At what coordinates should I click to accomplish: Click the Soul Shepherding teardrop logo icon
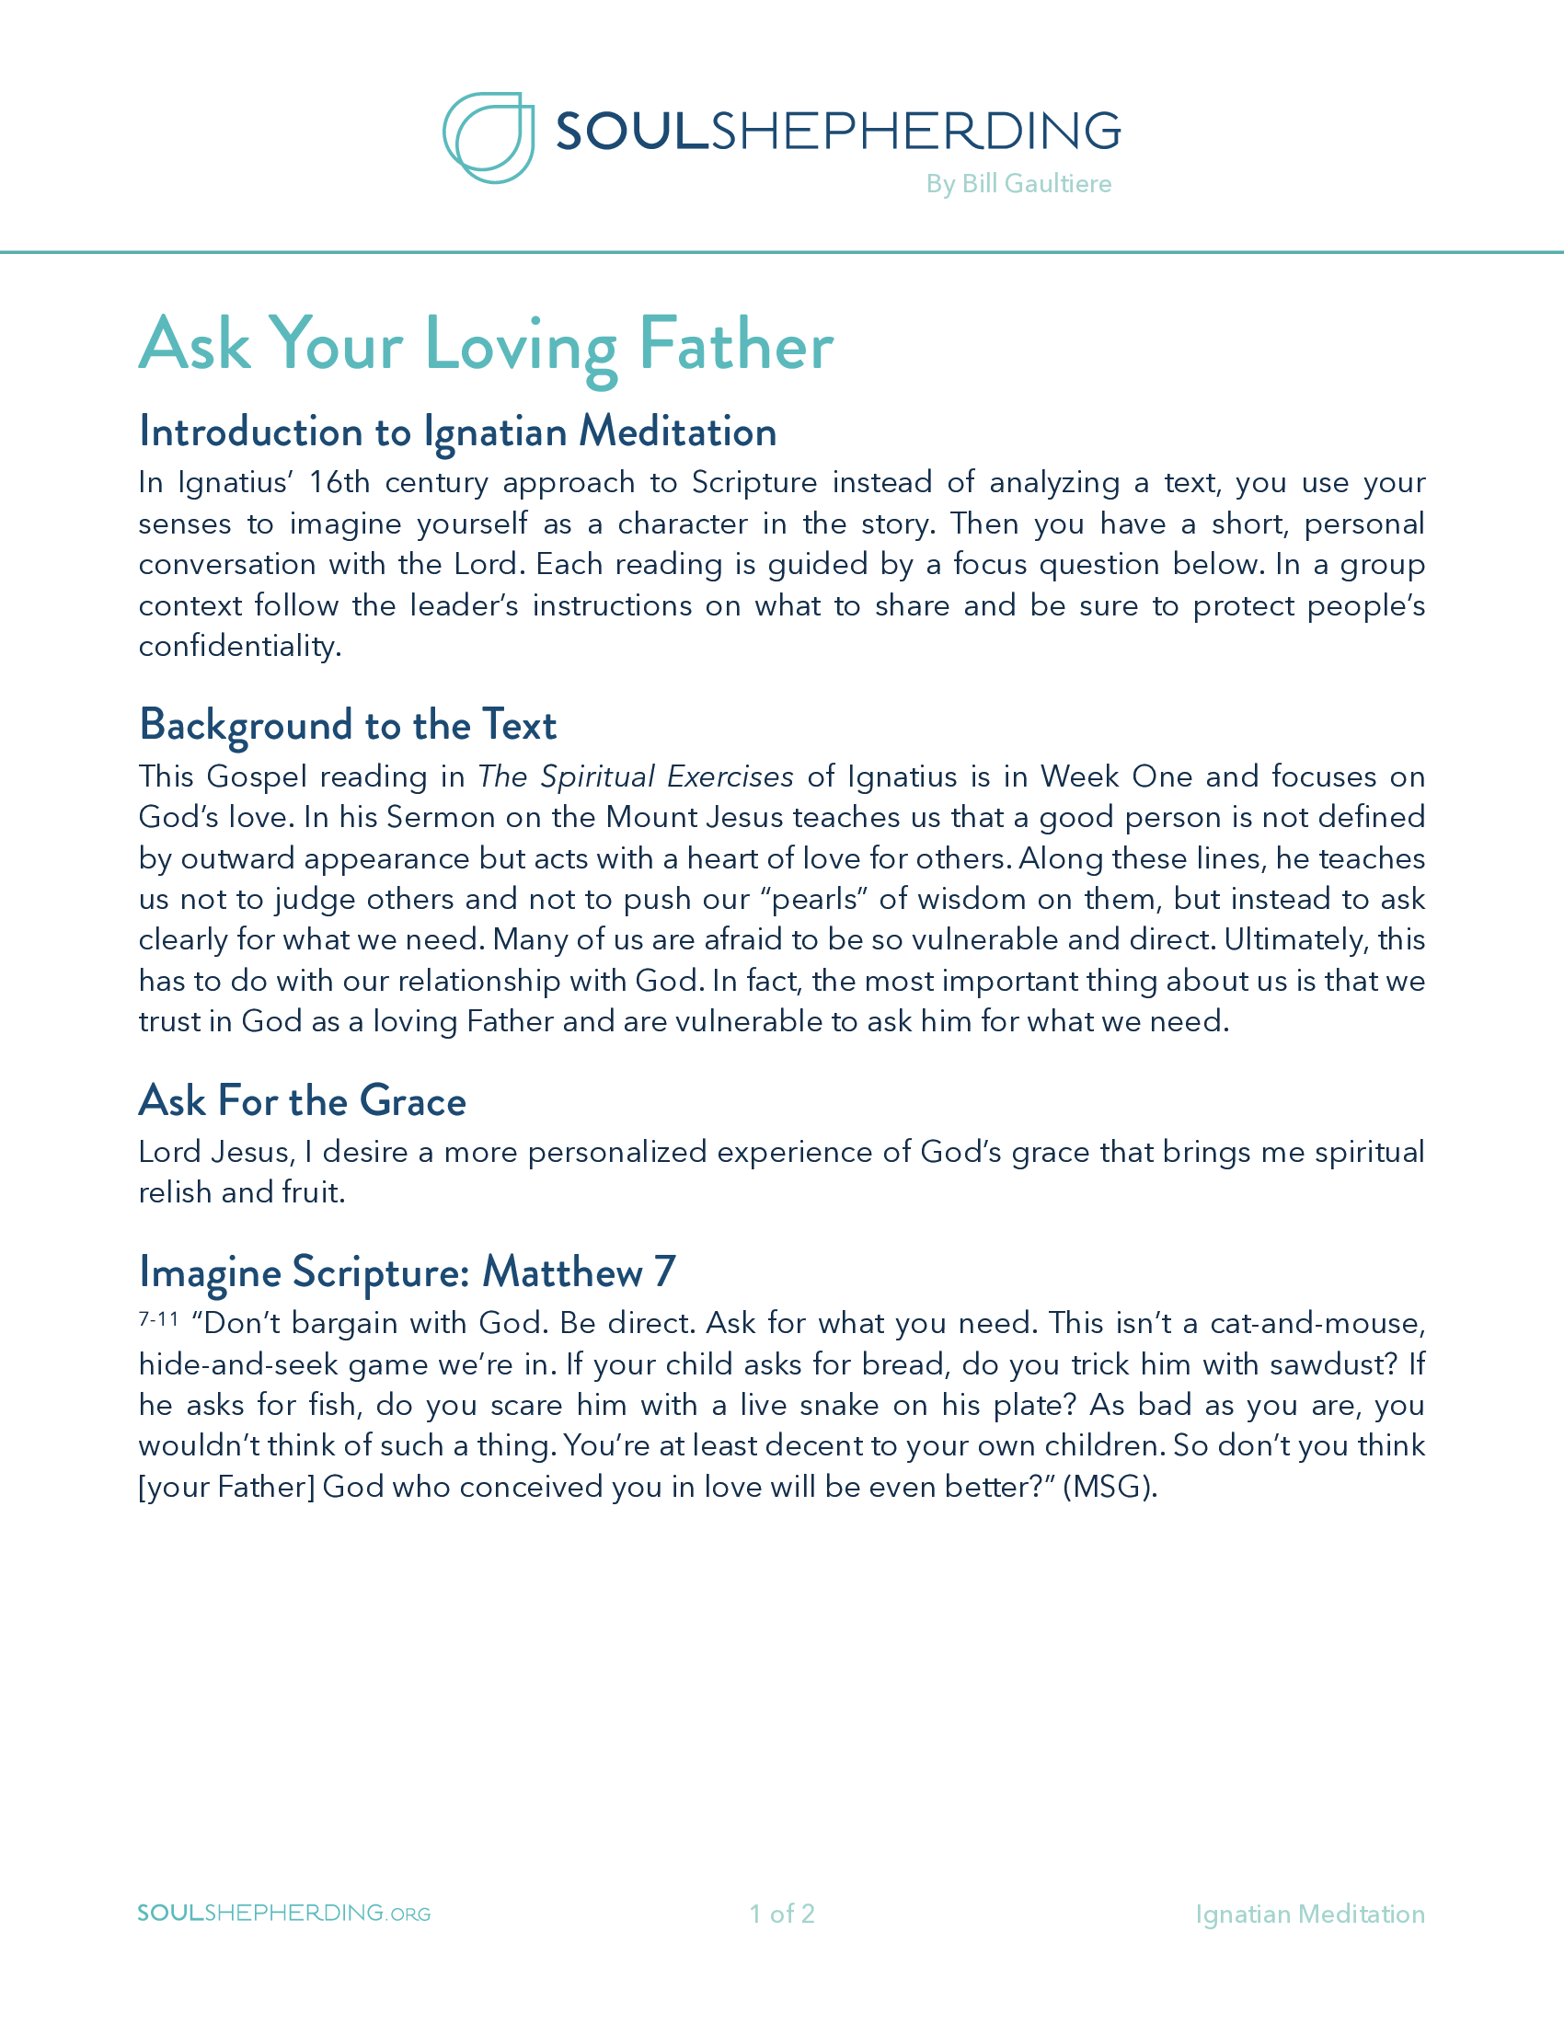[489, 137]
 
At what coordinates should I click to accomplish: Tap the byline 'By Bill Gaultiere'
[1018, 183]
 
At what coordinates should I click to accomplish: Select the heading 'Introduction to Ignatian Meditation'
[458, 431]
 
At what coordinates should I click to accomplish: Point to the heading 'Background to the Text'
[348, 725]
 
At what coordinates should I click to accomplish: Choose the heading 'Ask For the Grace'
[302, 1101]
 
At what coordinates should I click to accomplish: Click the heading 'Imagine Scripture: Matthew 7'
[407, 1271]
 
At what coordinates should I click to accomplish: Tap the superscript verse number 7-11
[158, 1317]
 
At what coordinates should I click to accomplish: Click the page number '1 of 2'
[782, 1914]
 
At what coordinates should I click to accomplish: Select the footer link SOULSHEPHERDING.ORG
[283, 1914]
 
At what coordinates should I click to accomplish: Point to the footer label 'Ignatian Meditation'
[1309, 1914]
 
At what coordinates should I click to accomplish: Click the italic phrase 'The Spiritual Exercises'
[636, 776]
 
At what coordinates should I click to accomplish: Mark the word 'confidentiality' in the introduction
[239, 646]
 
